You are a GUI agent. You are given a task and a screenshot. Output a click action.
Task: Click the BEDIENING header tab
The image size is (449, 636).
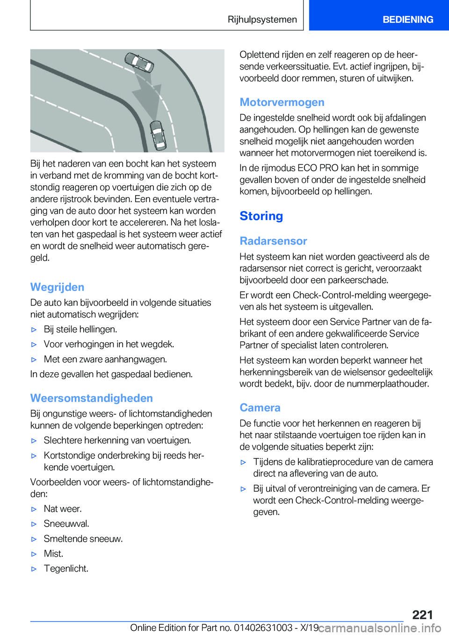tap(407, 20)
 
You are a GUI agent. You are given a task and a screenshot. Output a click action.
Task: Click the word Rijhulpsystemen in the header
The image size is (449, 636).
tap(262, 20)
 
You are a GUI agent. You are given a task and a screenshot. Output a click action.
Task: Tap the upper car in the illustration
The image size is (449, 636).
tap(139, 63)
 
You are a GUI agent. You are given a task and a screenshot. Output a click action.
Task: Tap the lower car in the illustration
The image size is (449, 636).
tap(158, 135)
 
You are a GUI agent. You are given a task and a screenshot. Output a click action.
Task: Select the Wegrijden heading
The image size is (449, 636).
tap(57, 287)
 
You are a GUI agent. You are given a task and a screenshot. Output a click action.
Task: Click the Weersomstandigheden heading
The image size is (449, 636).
tap(92, 398)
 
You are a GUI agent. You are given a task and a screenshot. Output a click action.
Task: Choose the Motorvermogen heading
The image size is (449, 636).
tap(282, 102)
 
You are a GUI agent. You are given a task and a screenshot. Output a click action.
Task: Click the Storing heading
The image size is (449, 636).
tap(261, 216)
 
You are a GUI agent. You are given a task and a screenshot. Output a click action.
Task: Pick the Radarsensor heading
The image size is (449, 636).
tap(273, 241)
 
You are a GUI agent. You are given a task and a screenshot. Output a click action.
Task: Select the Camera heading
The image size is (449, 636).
tap(260, 408)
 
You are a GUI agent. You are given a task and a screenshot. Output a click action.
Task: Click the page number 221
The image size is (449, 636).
tap(422, 615)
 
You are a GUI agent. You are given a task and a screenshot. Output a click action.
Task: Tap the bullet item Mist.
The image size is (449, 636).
tap(53, 554)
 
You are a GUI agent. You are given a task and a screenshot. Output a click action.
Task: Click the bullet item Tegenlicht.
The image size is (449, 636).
tap(66, 569)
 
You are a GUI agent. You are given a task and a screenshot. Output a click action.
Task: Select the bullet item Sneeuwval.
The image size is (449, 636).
tap(66, 524)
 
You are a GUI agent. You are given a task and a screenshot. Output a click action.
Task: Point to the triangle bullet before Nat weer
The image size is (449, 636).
tap(34, 509)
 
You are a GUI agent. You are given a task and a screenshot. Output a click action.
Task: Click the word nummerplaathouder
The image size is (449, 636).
tap(385, 384)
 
